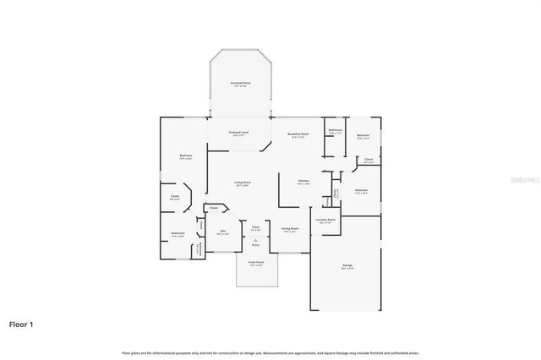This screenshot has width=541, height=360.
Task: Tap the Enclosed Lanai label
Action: click(x=238, y=133)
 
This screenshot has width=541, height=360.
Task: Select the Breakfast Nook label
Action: click(x=298, y=135)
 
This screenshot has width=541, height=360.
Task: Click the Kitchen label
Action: click(x=303, y=181)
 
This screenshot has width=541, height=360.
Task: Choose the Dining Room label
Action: click(x=290, y=228)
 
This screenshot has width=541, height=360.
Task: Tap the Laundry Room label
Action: click(x=326, y=220)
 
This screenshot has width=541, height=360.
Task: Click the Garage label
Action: click(x=347, y=266)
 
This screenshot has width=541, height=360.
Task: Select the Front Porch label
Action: click(x=255, y=265)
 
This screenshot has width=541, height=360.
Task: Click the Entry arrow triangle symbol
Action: click(x=255, y=240)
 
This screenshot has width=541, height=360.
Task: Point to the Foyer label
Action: click(x=255, y=226)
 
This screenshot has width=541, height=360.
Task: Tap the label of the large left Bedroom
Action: click(x=185, y=156)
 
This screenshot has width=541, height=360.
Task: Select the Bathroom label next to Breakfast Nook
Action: click(x=335, y=130)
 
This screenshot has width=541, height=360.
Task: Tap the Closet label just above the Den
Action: click(x=214, y=208)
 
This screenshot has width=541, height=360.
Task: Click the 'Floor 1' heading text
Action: click(x=22, y=324)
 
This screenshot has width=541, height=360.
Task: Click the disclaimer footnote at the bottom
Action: click(x=270, y=352)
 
